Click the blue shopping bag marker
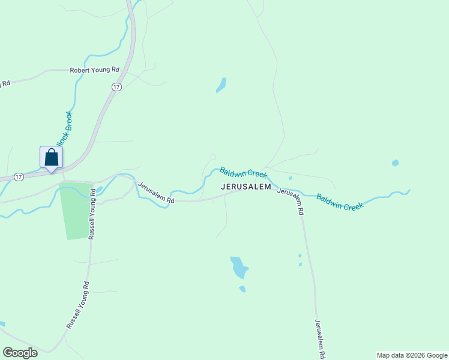click(51, 158)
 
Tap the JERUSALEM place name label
click(246, 187)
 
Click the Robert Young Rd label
click(95, 70)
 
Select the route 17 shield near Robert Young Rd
click(116, 88)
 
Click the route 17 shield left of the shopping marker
click(19, 177)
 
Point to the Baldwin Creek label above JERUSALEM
click(243, 173)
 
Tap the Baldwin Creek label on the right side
click(340, 202)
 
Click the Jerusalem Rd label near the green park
click(155, 193)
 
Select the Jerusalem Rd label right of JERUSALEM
click(291, 201)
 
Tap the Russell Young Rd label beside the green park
click(93, 214)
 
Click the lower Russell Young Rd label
click(78, 305)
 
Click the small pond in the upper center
click(221, 85)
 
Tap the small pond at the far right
click(395, 163)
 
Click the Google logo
click(20, 353)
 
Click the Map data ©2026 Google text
click(412, 355)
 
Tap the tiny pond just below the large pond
click(242, 289)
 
